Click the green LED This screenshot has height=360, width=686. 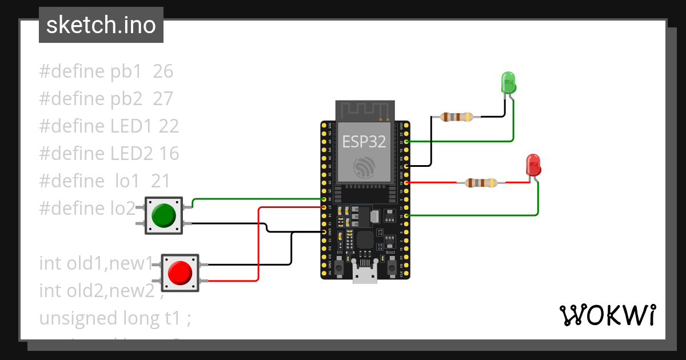pyautogui.click(x=508, y=83)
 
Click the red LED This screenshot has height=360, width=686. pyautogui.click(x=533, y=165)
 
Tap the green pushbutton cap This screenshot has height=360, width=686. pyautogui.click(x=163, y=215)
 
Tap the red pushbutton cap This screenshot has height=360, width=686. pyautogui.click(x=180, y=272)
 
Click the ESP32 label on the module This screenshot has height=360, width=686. pyautogui.click(x=364, y=142)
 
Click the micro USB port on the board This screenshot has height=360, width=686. pyautogui.click(x=365, y=277)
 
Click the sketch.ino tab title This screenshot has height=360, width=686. pyautogui.click(x=101, y=25)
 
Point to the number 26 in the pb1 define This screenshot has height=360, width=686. pyautogui.click(x=163, y=71)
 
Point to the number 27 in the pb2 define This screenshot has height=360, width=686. pyautogui.click(x=163, y=99)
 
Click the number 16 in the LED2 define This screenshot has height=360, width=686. pyautogui.click(x=169, y=154)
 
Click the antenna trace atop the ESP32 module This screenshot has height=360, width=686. pyautogui.click(x=364, y=110)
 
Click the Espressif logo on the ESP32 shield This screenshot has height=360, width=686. pyautogui.click(x=364, y=167)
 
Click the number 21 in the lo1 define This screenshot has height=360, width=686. pyautogui.click(x=161, y=181)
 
